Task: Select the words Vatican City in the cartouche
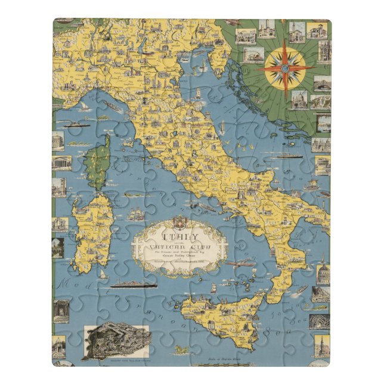(x=179, y=238)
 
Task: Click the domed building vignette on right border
(x=322, y=274)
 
